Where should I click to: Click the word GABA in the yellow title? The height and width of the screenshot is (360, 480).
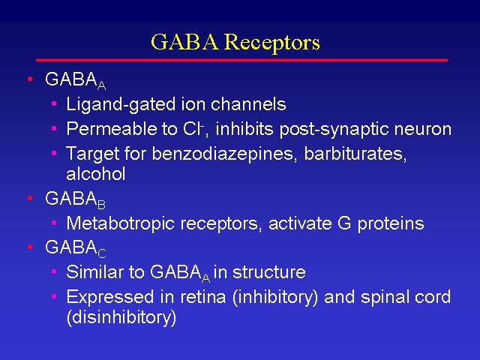point(185,41)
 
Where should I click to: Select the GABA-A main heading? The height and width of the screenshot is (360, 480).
point(75,80)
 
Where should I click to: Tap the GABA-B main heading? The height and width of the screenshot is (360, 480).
point(75,199)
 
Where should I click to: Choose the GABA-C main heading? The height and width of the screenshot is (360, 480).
point(75,248)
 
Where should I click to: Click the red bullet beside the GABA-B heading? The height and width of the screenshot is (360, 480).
point(30,198)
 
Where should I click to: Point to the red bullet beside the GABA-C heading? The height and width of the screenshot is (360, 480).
point(30,247)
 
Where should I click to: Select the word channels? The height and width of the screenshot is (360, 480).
point(248,104)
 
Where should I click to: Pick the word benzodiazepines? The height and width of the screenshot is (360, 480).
point(224,154)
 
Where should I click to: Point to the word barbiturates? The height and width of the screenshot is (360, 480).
point(355,153)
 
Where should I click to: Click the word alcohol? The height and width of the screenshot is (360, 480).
point(96,173)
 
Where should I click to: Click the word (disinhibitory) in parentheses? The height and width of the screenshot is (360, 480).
point(121,318)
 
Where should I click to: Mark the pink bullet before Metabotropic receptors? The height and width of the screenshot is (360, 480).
point(54,223)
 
